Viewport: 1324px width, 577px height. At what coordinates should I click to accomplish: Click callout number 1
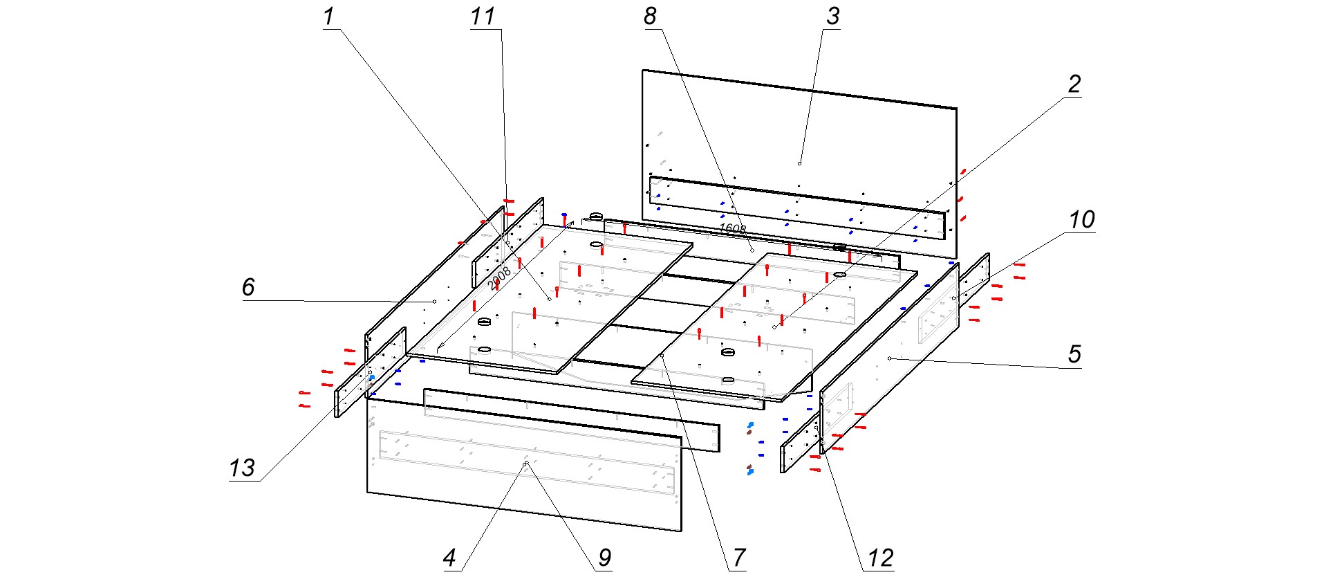click(x=328, y=17)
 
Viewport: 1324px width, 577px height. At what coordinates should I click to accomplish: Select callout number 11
click(x=483, y=17)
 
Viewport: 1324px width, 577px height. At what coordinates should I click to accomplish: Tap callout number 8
click(x=650, y=17)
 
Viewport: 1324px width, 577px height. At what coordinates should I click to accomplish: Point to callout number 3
click(x=832, y=17)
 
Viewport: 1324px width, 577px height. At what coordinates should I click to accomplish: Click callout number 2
click(x=1074, y=84)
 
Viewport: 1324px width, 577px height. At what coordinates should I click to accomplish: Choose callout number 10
click(x=1081, y=220)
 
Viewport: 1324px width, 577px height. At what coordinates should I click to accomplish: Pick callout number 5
click(x=1074, y=354)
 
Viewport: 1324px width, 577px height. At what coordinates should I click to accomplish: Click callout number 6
click(x=248, y=287)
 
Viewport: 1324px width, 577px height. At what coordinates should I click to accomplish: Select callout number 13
click(x=242, y=468)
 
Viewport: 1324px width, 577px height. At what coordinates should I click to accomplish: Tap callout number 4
click(x=449, y=558)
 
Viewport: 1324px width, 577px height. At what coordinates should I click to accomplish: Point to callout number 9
click(x=604, y=558)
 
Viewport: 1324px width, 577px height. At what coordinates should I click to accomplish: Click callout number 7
click(x=739, y=558)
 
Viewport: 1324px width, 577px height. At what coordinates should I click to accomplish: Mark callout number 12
click(x=880, y=558)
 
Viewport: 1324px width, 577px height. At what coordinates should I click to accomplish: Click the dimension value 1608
click(x=732, y=228)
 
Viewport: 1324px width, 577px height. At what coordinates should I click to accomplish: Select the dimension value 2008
click(x=499, y=278)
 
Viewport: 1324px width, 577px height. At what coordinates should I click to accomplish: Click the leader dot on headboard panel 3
click(x=799, y=163)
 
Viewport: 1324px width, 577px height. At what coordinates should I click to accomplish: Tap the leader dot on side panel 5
click(x=889, y=358)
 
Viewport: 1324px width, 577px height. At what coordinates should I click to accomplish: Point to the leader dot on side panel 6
click(x=434, y=302)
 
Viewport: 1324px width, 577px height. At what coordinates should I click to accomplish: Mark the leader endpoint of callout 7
click(x=662, y=356)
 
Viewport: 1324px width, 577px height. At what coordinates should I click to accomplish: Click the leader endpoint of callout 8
click(x=752, y=250)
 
